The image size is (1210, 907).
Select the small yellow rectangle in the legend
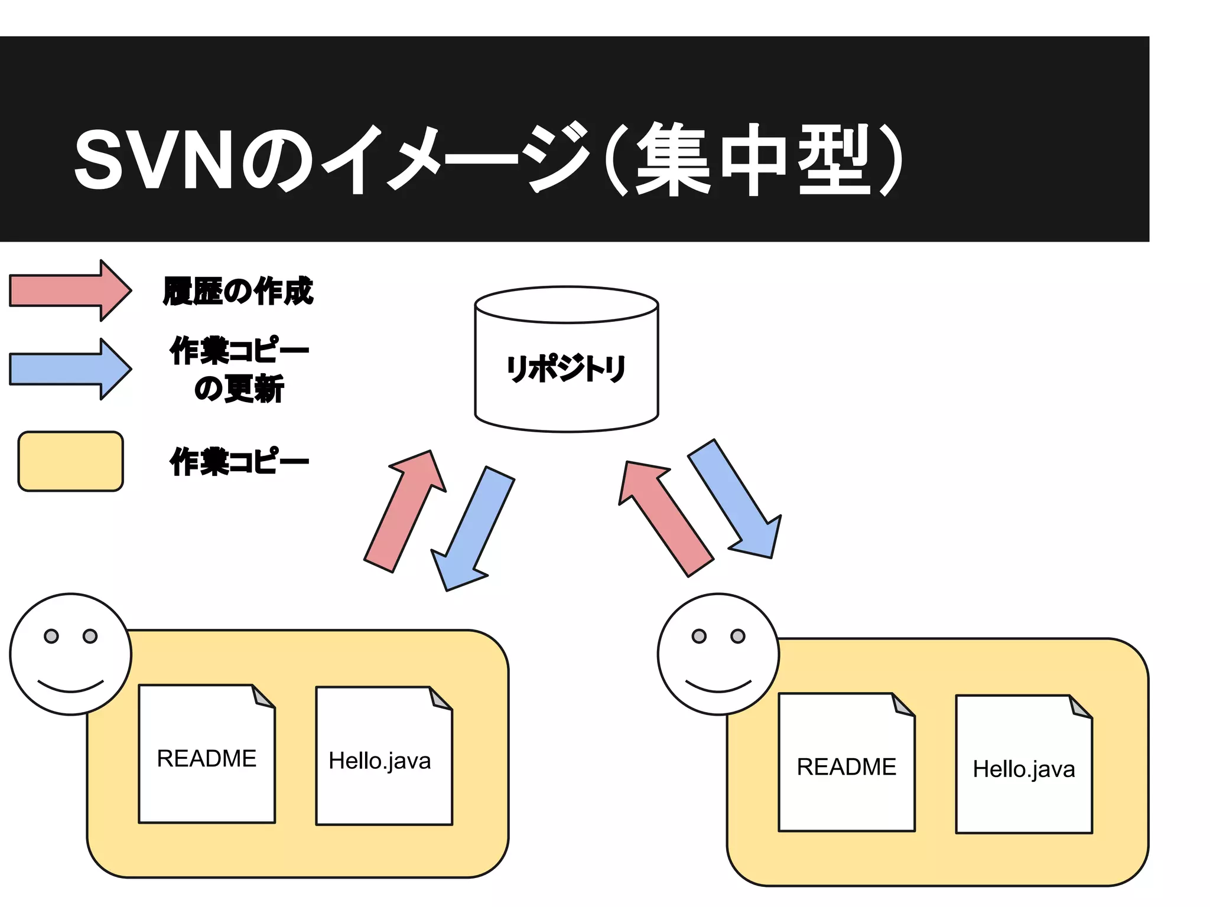pos(71,461)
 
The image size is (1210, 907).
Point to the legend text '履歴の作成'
pos(238,291)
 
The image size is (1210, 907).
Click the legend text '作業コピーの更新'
pos(239,370)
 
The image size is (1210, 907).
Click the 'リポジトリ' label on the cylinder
pos(566,368)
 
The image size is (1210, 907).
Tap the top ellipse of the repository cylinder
pos(566,305)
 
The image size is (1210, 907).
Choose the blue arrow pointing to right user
pos(736,499)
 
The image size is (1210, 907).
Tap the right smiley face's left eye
pos(699,636)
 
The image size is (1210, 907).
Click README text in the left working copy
pos(207,759)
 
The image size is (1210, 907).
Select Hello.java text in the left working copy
pos(380,761)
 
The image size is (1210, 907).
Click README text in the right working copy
pos(847,767)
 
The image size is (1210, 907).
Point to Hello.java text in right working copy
pos(1024,769)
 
